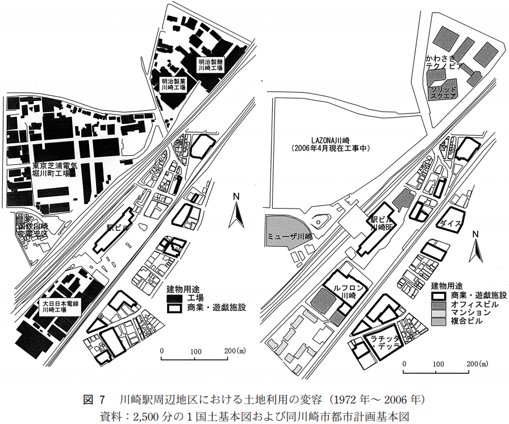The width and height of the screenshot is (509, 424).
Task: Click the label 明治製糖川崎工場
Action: (x=210, y=64)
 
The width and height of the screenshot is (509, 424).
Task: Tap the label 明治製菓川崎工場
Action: (x=174, y=85)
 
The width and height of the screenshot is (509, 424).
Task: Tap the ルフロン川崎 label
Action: (x=344, y=291)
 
